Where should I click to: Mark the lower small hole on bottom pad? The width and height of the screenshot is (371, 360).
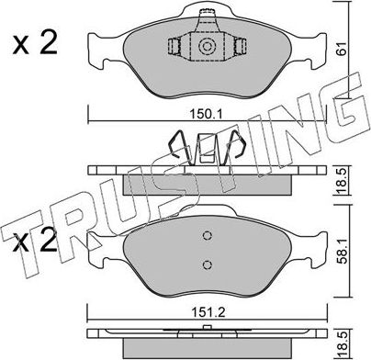tap(207, 264)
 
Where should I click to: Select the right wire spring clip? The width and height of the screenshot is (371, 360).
tap(236, 146)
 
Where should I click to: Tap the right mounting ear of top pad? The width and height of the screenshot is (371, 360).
tap(314, 46)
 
